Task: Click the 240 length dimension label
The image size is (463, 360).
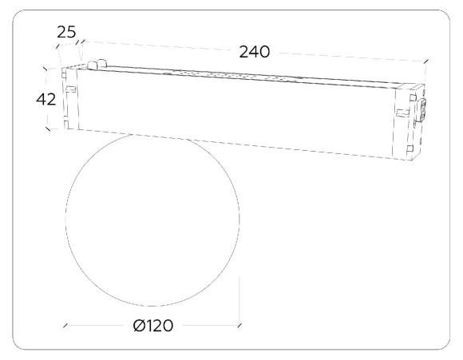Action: (254, 52)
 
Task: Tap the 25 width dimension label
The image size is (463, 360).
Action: (66, 32)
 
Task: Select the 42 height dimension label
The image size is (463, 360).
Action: (46, 99)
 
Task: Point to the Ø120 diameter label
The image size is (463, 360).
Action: (153, 326)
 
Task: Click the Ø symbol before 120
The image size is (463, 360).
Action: (138, 326)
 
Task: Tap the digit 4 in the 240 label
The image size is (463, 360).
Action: (254, 52)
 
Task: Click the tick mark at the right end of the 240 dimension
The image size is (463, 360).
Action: (425, 61)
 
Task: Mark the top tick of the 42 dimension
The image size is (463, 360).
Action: (46, 69)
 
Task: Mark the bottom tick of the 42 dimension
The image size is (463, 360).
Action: (48, 129)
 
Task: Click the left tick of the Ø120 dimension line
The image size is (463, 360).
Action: (65, 326)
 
